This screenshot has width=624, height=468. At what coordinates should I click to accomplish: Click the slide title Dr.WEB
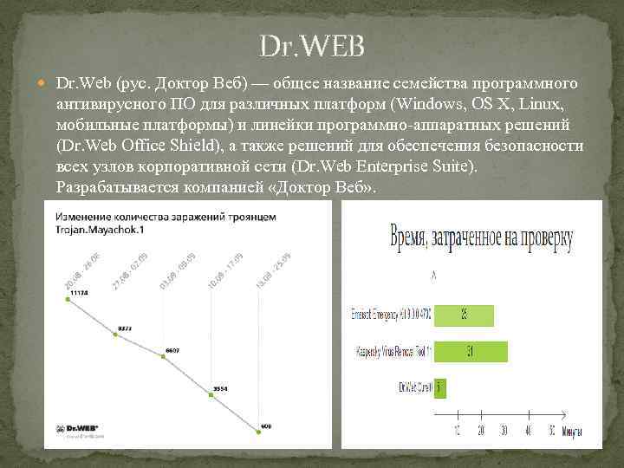pyautogui.click(x=312, y=45)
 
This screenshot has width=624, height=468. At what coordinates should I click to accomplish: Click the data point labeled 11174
pyautogui.click(x=67, y=299)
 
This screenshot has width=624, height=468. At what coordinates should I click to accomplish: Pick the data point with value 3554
pyautogui.click(x=210, y=394)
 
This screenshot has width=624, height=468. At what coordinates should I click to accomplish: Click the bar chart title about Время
pyautogui.click(x=481, y=237)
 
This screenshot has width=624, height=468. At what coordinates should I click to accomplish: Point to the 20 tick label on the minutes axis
pyautogui.click(x=480, y=430)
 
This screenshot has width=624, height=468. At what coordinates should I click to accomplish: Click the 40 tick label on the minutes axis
pyautogui.click(x=527, y=430)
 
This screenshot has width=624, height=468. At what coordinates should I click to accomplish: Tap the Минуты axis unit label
pyautogui.click(x=572, y=431)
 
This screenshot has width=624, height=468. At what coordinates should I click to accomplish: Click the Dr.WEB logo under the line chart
pyautogui.click(x=77, y=429)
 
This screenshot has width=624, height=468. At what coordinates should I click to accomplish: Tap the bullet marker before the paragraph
pyautogui.click(x=45, y=84)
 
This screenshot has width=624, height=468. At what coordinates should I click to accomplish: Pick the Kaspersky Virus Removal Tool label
pyautogui.click(x=393, y=352)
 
